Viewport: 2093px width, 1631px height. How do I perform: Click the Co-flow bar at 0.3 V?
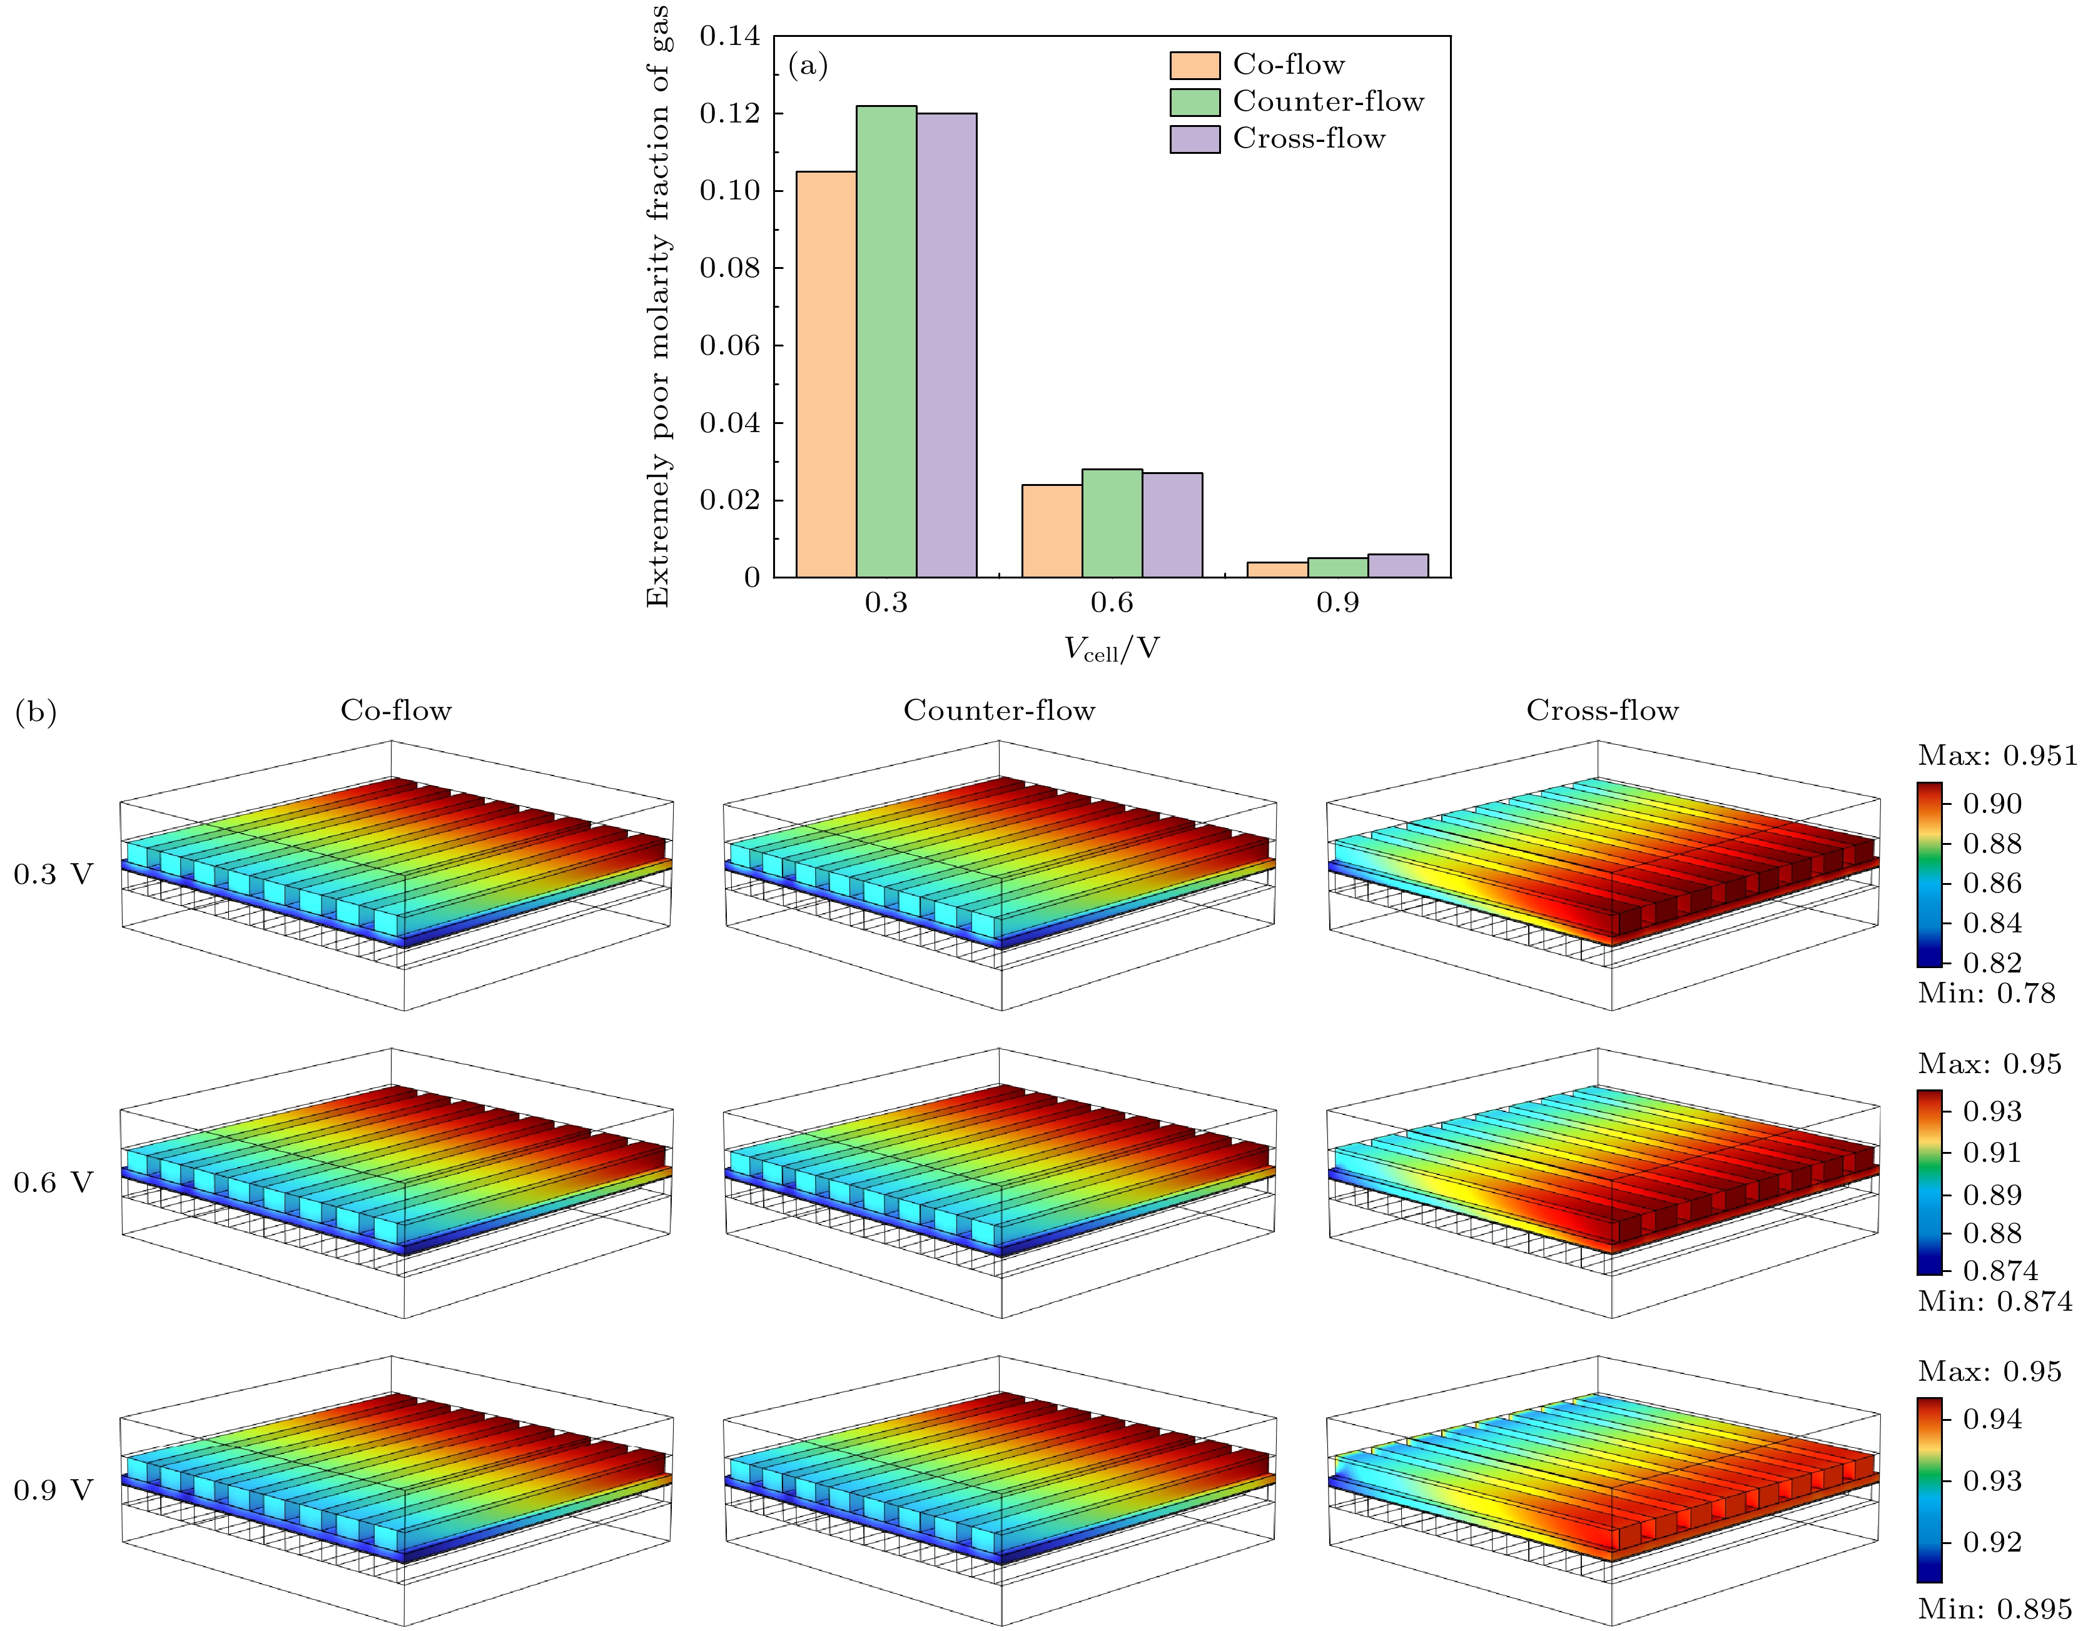coord(826,374)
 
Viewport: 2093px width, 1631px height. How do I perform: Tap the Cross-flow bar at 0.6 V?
coord(1172,525)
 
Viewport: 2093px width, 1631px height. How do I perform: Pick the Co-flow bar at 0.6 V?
coord(1052,531)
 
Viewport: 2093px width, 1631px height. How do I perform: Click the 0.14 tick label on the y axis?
coord(729,36)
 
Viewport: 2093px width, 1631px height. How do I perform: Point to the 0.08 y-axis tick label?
coord(729,268)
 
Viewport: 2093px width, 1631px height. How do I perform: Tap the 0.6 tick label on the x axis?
coord(1112,603)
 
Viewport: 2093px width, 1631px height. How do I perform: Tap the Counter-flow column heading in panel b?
coord(998,711)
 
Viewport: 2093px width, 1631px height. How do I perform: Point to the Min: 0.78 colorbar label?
coord(1985,994)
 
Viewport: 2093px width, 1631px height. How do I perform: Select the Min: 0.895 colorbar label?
coord(1994,1610)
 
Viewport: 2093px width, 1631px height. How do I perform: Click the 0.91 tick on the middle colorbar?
coord(1992,1152)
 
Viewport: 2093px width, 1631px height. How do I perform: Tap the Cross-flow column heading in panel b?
coord(1603,711)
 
